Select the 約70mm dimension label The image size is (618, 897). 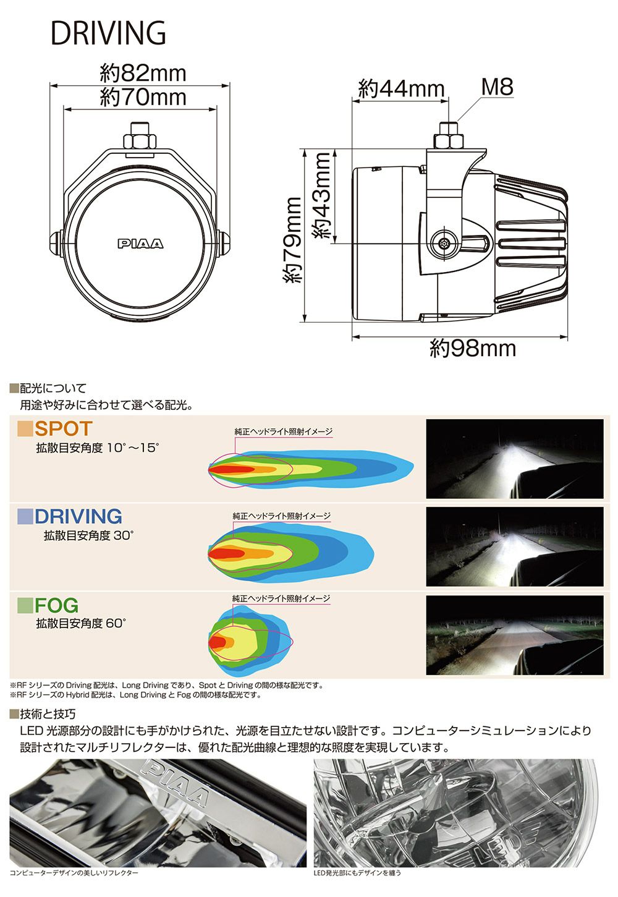(x=143, y=97)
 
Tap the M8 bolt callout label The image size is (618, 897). (x=497, y=87)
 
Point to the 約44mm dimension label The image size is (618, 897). (x=401, y=89)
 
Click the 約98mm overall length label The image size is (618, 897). (x=473, y=349)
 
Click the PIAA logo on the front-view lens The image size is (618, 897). (x=141, y=244)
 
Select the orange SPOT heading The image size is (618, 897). (x=63, y=428)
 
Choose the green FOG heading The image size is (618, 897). (x=56, y=605)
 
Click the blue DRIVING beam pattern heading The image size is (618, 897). (x=78, y=516)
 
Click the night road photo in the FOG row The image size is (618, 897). (x=514, y=636)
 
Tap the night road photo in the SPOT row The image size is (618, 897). (x=514, y=459)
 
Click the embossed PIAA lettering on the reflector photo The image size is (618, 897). (x=176, y=784)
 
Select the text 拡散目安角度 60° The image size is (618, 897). (x=80, y=624)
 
